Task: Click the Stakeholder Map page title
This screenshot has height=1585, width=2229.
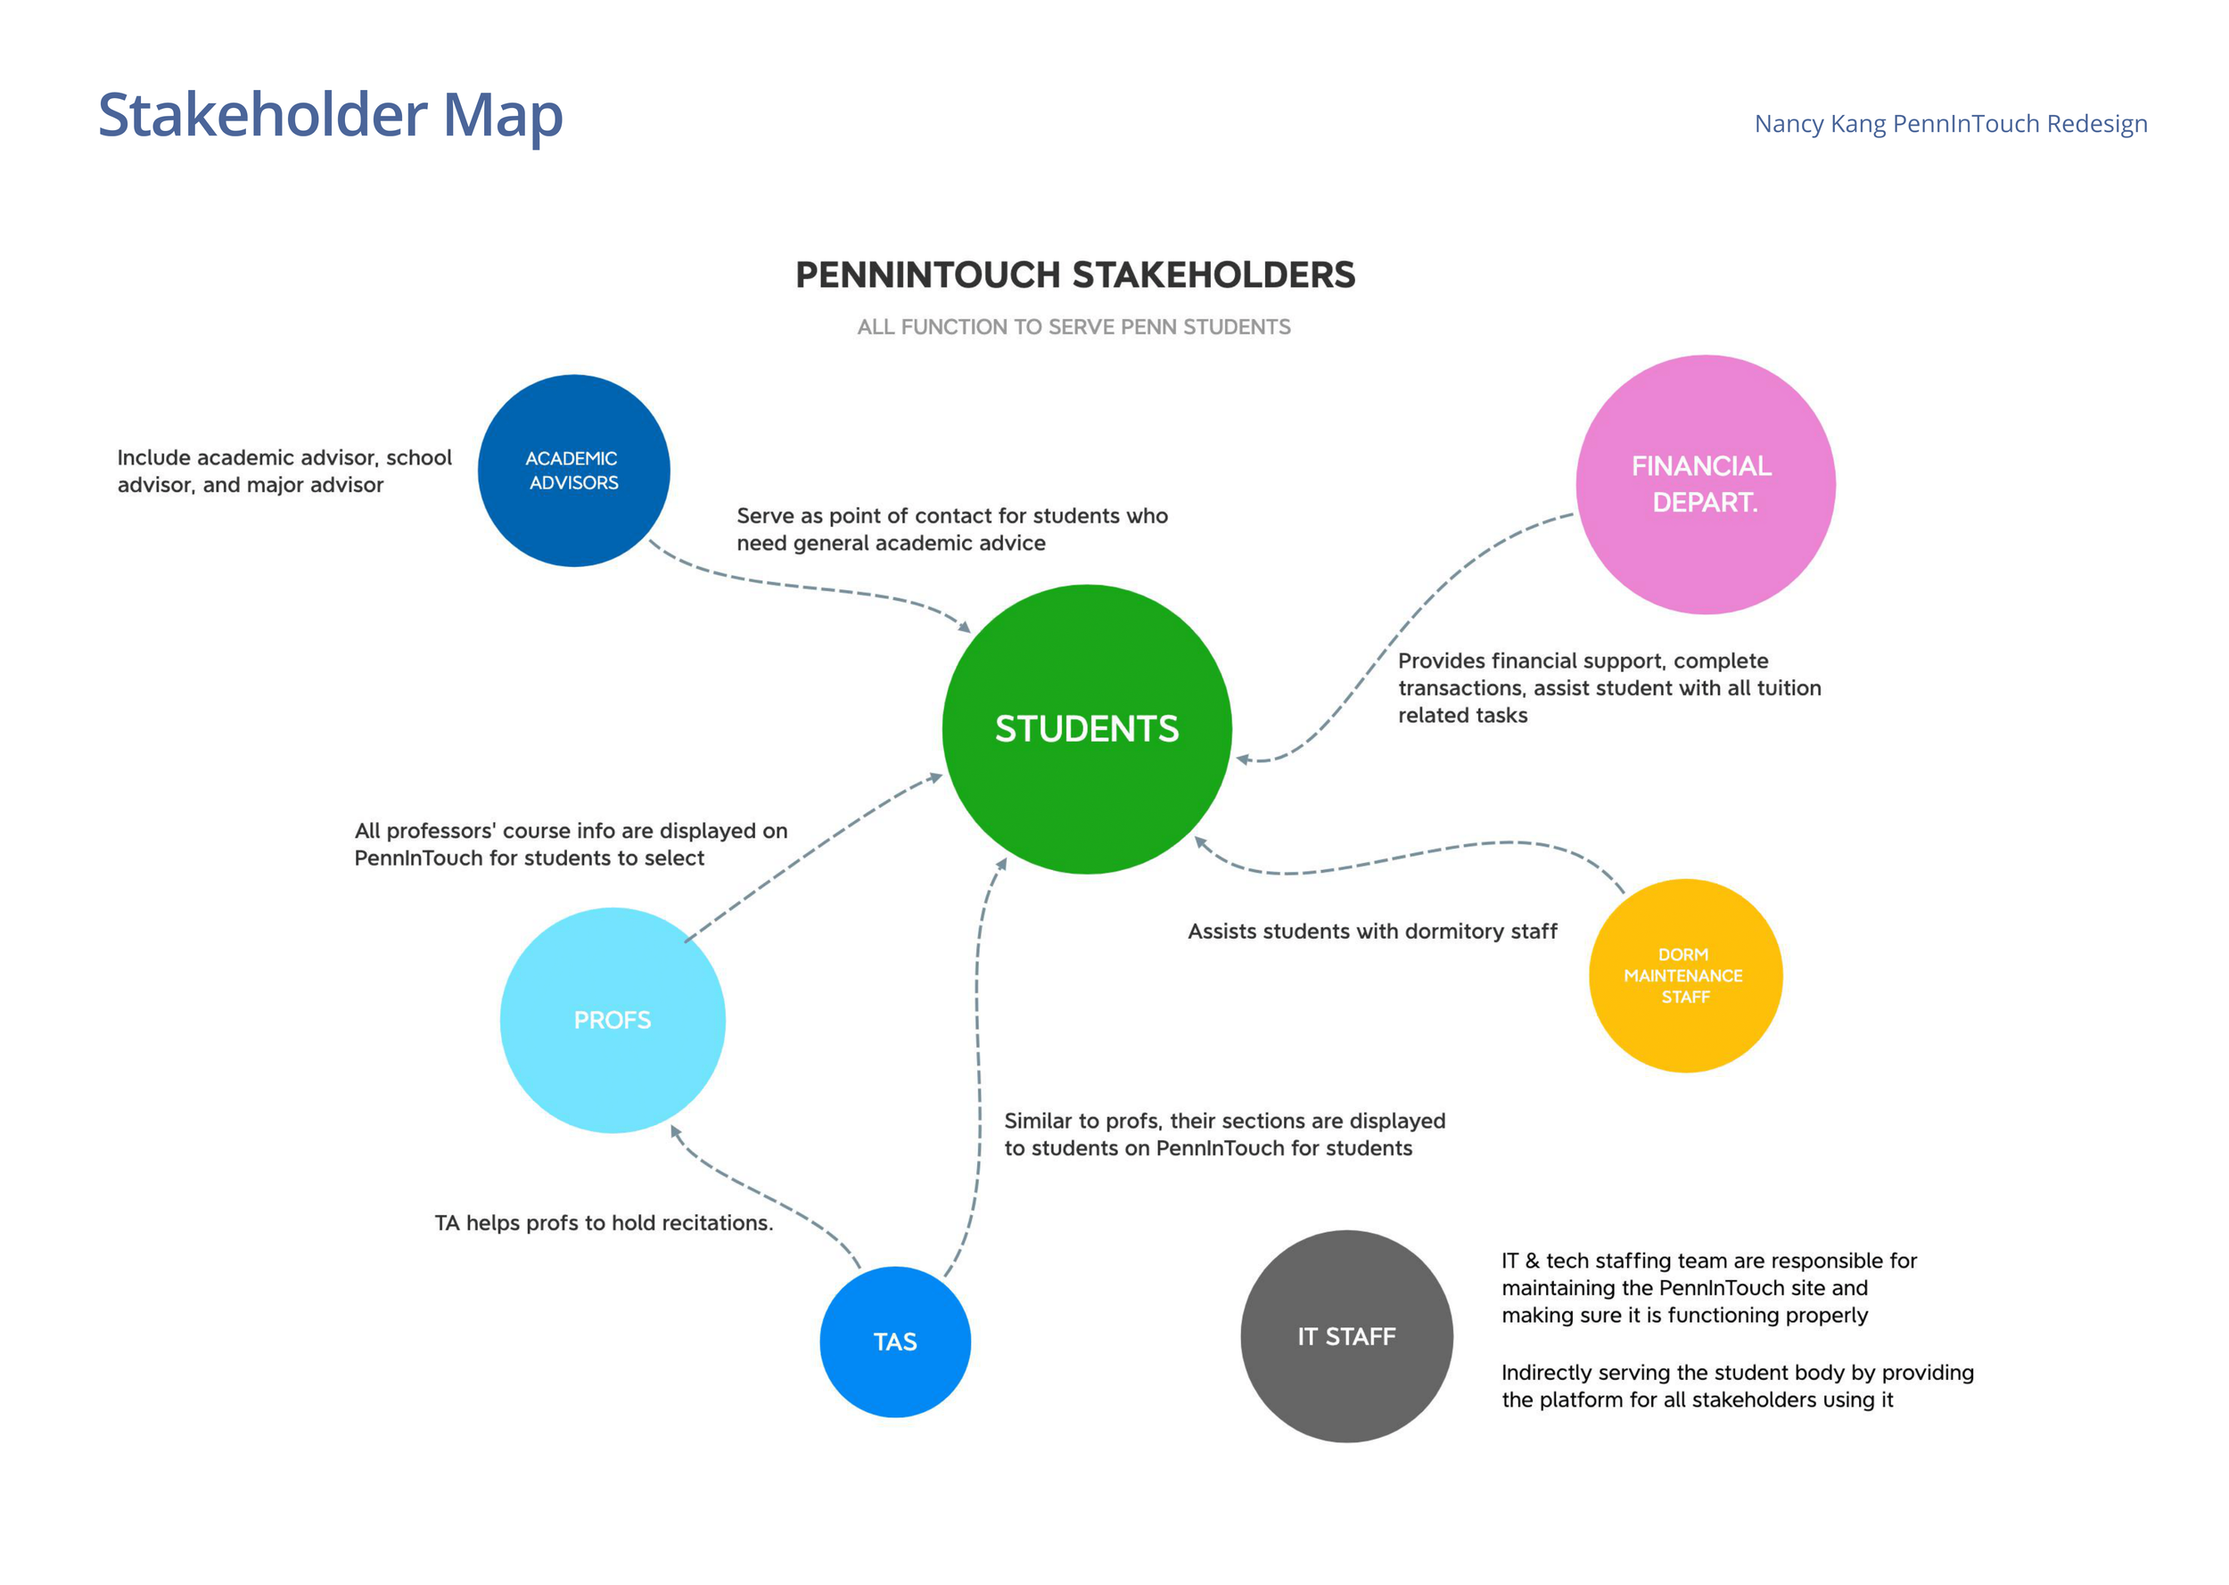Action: click(x=330, y=115)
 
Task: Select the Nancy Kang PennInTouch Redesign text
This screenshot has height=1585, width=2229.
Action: click(x=1950, y=124)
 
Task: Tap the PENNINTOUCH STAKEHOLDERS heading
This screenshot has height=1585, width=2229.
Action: click(x=1074, y=275)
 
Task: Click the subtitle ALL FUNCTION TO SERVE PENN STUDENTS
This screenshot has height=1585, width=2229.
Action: click(x=1073, y=327)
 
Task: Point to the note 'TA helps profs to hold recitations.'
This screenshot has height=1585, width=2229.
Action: click(x=603, y=1223)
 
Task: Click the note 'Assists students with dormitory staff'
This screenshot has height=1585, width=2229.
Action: click(x=1371, y=931)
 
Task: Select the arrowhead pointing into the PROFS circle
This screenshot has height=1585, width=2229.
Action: click(x=674, y=1131)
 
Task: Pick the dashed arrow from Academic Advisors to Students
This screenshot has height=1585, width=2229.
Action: click(x=810, y=587)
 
